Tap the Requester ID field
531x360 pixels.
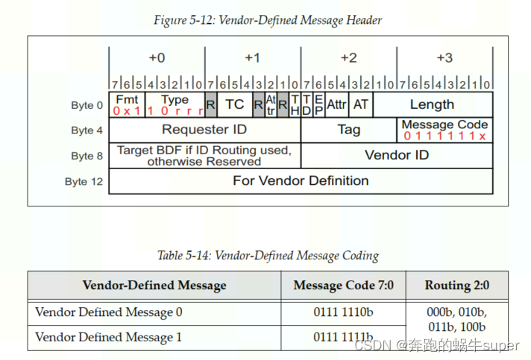tap(204, 130)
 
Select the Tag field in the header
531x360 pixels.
tap(348, 130)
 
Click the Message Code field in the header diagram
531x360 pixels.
tap(444, 130)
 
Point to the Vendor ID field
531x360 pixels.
tap(397, 155)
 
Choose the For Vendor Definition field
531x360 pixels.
tap(301, 180)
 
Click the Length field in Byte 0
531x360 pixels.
tap(432, 104)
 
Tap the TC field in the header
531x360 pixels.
tap(234, 104)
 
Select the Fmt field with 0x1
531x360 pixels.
tap(127, 104)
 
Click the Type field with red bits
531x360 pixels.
tap(175, 104)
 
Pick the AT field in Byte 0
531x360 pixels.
tap(361, 104)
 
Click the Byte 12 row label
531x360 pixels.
tap(84, 181)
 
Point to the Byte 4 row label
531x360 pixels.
tap(87, 130)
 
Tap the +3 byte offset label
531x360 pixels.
tap(444, 57)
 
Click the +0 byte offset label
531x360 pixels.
tap(157, 57)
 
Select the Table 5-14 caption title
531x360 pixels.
tap(268, 256)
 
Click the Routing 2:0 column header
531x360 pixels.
tap(457, 285)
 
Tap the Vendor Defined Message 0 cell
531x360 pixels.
tap(108, 312)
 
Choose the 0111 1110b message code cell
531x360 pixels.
tap(343, 312)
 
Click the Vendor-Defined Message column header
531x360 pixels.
tap(154, 285)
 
